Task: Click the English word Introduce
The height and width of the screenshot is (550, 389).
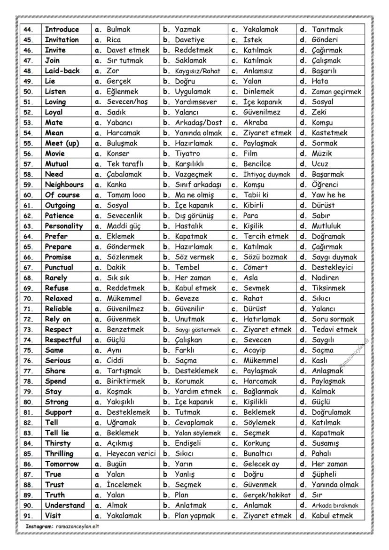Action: (62, 29)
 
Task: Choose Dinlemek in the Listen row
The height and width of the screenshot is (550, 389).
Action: (259, 92)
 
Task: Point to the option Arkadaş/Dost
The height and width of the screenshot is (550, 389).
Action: (198, 123)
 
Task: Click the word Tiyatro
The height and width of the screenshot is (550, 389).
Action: (188, 154)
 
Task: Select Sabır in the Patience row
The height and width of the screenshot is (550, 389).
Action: (323, 216)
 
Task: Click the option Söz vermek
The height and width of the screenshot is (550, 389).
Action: (194, 257)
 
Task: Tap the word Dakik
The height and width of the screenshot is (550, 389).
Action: (116, 267)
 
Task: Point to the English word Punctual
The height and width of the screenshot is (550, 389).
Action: (59, 267)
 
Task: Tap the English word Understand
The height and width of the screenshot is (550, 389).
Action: (65, 505)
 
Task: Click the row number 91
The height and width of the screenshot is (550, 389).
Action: (28, 516)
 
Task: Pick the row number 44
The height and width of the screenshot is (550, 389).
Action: (28, 30)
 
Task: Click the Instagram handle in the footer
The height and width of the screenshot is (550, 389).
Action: (77, 526)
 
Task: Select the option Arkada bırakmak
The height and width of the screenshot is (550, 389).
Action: (335, 505)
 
